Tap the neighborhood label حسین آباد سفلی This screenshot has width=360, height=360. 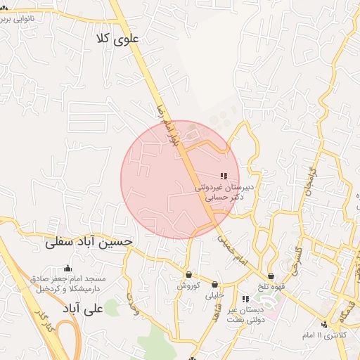click(89, 243)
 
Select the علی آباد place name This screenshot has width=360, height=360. click(83, 309)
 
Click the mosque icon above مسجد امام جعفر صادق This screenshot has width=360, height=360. click(67, 268)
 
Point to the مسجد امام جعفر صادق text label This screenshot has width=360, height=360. click(67, 283)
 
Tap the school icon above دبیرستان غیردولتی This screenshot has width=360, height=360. click(224, 176)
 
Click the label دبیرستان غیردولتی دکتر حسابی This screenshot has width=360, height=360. click(224, 193)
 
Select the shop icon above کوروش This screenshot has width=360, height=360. click(188, 274)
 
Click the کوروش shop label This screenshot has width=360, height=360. click(188, 285)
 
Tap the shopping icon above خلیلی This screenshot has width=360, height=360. click(214, 284)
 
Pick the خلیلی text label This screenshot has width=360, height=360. click(214, 295)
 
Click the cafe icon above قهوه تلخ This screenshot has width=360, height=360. click(271, 276)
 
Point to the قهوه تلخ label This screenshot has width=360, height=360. click(271, 287)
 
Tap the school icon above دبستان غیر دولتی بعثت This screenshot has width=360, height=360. click(245, 299)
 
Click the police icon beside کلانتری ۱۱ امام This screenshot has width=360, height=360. click(324, 324)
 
